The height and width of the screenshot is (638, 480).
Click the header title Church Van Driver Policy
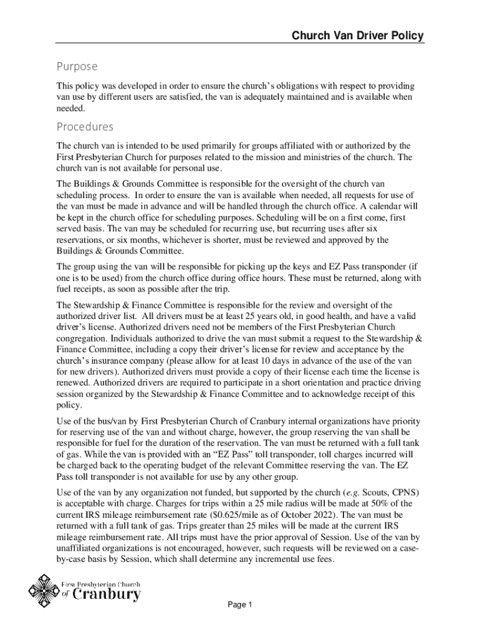point(358,36)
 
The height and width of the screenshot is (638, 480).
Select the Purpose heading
point(77,66)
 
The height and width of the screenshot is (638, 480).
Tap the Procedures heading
point(85,127)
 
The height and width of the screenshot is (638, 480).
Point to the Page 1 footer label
point(239,605)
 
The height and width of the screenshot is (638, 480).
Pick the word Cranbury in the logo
point(107,595)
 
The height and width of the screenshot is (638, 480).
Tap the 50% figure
point(377,503)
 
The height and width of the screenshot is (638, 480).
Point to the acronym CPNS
point(400,492)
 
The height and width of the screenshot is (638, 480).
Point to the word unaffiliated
point(85,548)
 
